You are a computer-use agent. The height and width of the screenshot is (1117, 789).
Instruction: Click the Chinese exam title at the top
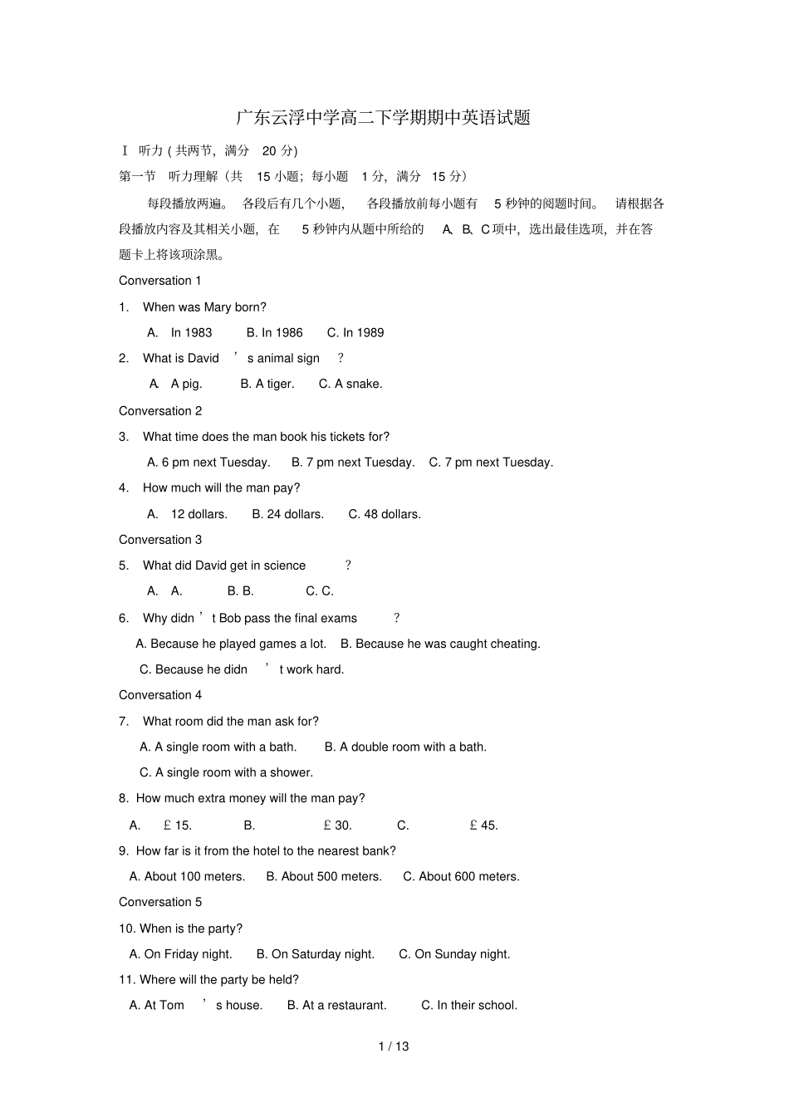coord(383,118)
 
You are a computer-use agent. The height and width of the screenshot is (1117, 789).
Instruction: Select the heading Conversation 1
coord(160,281)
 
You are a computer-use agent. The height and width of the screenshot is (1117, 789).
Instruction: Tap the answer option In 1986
coord(275,333)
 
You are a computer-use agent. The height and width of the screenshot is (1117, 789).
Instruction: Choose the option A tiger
coord(267,385)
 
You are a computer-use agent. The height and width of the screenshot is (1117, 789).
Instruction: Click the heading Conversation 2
coord(160,411)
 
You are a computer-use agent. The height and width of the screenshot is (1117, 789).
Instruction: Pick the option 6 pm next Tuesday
coord(208,463)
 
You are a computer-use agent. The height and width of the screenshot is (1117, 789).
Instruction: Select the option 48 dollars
coord(385,515)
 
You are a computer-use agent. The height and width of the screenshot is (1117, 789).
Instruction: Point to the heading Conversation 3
coord(160,540)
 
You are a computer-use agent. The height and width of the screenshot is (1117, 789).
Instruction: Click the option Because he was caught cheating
coord(440,644)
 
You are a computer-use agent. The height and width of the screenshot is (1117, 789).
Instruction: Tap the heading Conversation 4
coord(160,695)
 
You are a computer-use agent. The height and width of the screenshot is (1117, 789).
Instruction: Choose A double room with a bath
coord(405,747)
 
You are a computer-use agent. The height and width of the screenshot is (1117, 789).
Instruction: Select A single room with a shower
coord(226,773)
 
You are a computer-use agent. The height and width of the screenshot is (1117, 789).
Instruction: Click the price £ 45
coord(483,826)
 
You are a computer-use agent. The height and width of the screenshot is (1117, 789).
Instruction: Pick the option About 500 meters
coord(324,877)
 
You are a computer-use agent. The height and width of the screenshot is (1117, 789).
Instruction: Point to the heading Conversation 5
coord(160,903)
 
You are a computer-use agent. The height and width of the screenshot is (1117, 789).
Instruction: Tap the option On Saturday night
coord(316,954)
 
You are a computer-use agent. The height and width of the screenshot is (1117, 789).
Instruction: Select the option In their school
coord(469,1006)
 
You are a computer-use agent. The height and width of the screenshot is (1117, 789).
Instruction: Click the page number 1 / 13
coord(394,1046)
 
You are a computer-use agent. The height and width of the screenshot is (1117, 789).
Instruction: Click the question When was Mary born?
coord(204,307)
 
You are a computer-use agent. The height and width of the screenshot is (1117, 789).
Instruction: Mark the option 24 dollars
coord(288,515)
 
